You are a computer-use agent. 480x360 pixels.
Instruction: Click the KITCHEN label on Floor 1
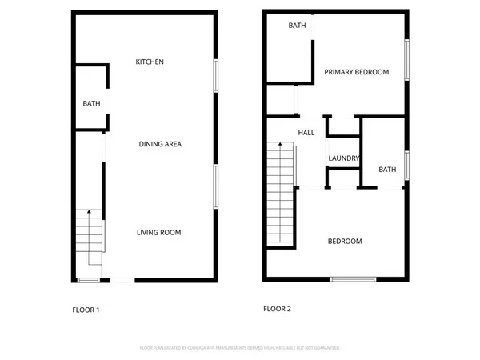150,62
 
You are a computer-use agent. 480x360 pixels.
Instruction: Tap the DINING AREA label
161,144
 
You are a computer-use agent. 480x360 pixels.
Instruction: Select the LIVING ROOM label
158,233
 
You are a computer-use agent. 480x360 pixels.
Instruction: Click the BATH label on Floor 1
90,103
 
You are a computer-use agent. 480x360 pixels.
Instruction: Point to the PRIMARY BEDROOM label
356,72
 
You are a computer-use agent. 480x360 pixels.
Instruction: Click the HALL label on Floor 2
306,133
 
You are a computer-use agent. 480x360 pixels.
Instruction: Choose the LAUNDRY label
343,158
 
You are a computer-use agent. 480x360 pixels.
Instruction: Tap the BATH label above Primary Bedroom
297,26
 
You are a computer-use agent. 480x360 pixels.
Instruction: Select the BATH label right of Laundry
387,170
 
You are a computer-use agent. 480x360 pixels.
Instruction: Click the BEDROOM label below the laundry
345,241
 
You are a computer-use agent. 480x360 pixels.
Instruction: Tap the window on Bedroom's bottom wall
353,278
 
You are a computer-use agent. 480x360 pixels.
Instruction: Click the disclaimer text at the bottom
240,348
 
